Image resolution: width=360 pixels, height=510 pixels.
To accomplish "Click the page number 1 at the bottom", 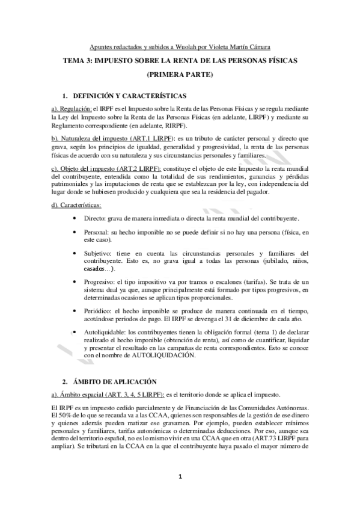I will [x=180, y=478].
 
